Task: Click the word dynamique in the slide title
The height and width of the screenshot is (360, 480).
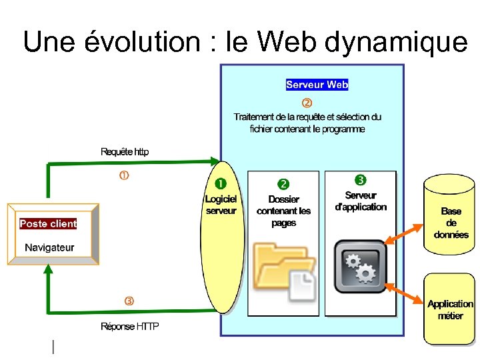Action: (x=397, y=42)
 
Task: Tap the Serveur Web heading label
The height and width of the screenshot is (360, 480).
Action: (x=317, y=85)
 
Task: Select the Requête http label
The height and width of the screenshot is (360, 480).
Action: (x=125, y=151)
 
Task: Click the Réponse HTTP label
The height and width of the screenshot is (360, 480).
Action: (x=130, y=326)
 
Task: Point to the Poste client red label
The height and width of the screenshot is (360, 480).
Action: (x=48, y=224)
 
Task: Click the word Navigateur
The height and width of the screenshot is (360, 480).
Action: (x=49, y=247)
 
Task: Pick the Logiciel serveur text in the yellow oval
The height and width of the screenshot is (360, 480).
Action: (x=221, y=205)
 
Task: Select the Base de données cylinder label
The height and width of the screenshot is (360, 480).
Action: (x=451, y=223)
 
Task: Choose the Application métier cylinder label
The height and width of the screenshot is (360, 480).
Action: (x=450, y=310)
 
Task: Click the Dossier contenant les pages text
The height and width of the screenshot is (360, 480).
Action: (x=284, y=211)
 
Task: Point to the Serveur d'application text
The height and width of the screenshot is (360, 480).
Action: (x=361, y=201)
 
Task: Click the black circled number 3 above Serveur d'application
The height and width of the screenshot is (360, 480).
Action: (x=360, y=180)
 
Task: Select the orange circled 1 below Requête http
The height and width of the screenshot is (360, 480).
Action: (x=124, y=176)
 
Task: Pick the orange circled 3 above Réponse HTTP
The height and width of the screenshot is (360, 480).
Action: (x=129, y=301)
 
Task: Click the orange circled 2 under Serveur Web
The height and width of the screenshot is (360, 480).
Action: (x=307, y=103)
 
